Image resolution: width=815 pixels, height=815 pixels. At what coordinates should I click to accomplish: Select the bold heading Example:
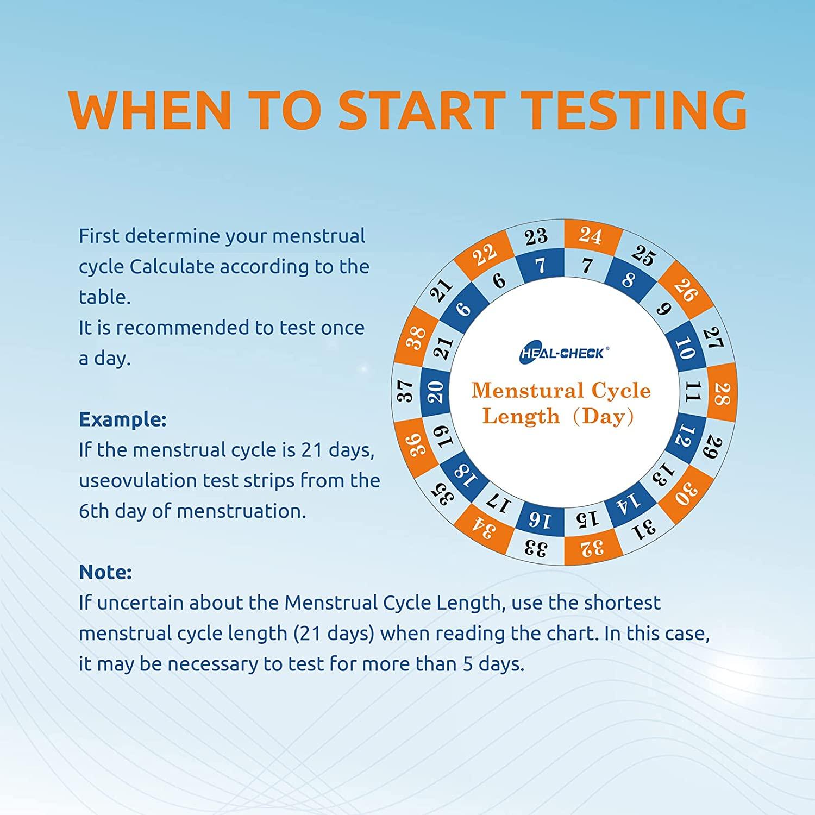coord(123,420)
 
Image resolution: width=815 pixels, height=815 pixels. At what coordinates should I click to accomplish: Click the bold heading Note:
coord(105,572)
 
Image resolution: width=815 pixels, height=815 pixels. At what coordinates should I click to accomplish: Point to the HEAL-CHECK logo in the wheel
coord(562,353)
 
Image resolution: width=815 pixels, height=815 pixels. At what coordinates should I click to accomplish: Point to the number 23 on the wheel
coord(536,237)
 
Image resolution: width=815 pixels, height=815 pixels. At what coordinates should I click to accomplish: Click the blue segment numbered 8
coord(629,279)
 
